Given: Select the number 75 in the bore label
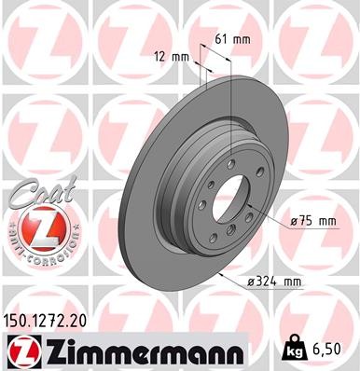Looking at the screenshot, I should click(x=306, y=220).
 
